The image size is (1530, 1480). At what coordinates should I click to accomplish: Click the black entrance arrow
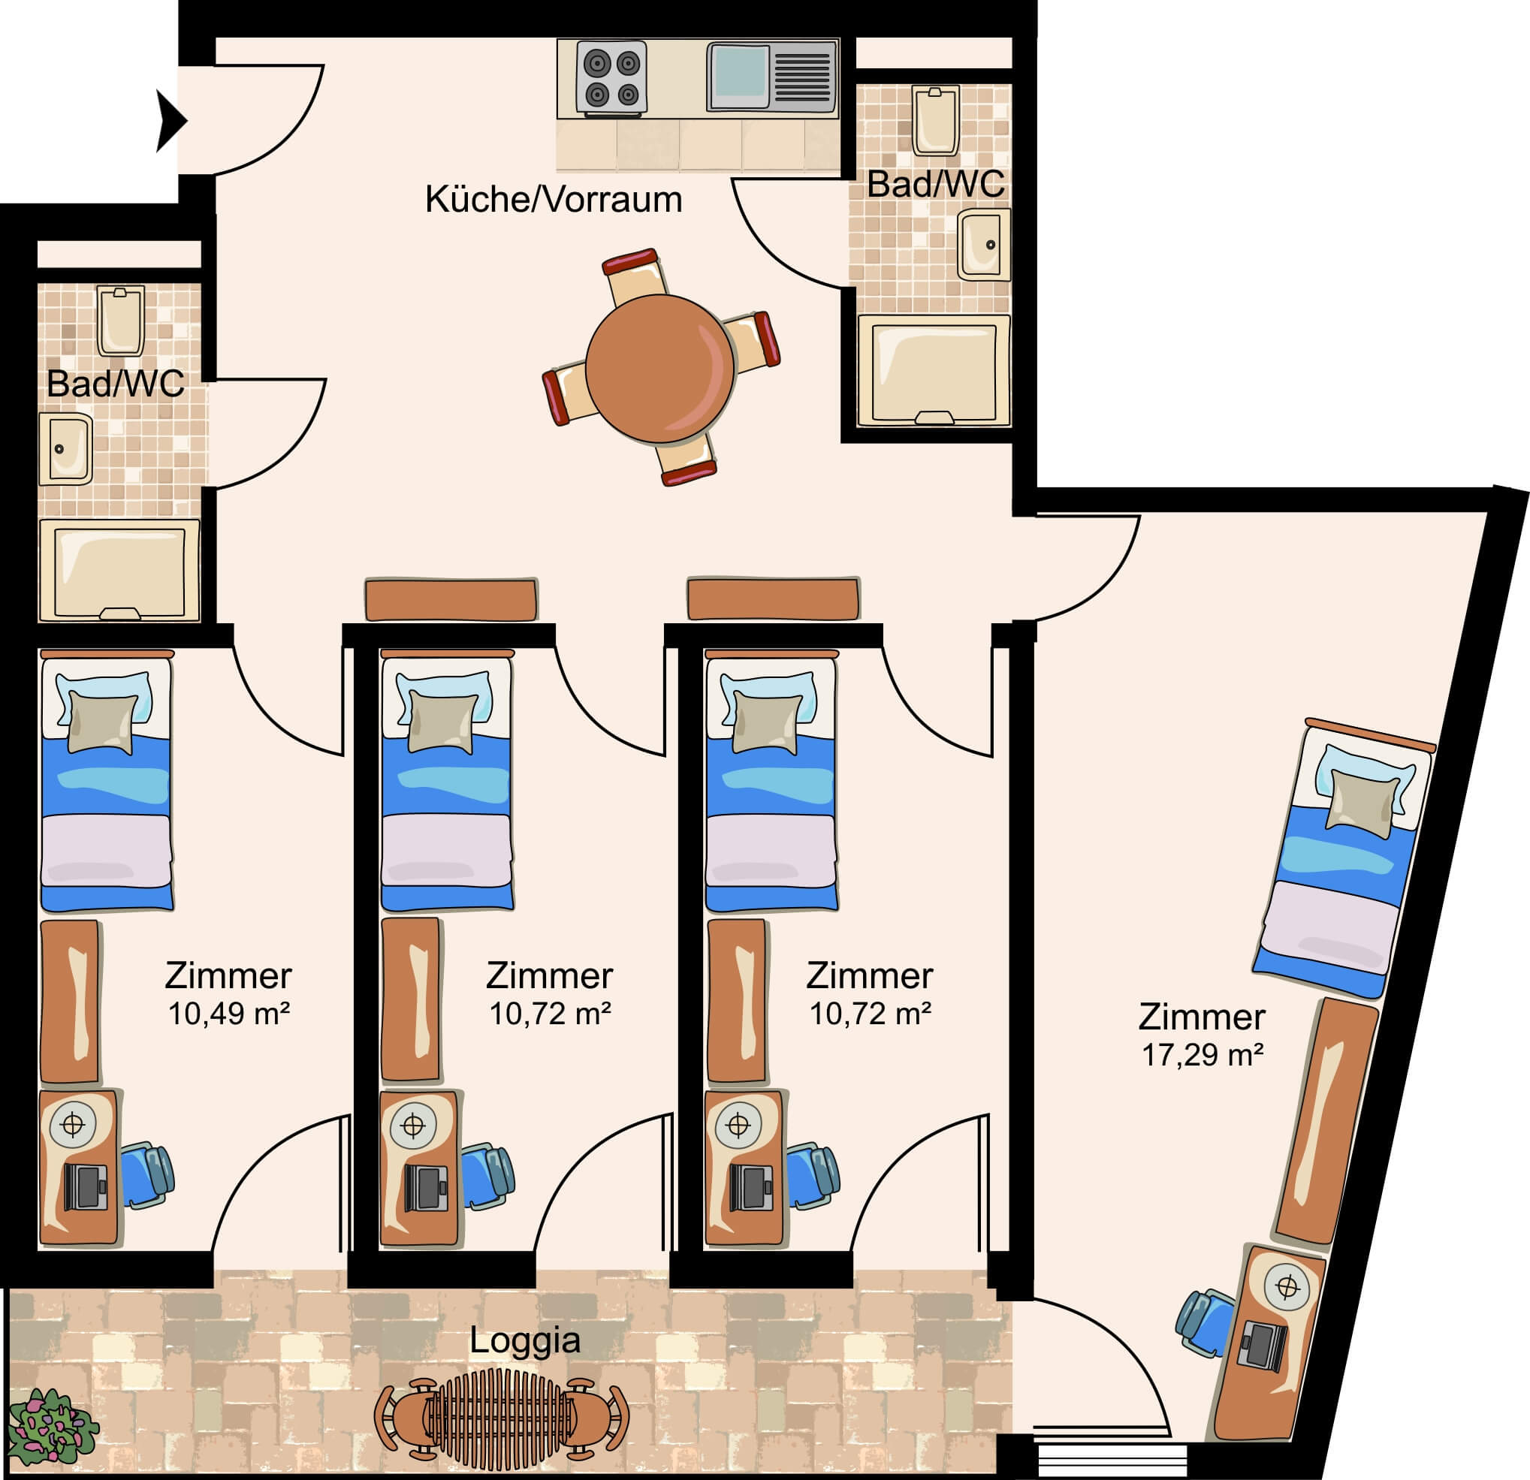click(171, 121)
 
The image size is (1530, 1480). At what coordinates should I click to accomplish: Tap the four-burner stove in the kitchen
click(612, 78)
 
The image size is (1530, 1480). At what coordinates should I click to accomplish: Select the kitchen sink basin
click(738, 76)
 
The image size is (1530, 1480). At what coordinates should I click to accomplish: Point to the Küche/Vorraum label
click(554, 200)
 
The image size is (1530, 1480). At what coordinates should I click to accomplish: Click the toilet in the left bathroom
click(120, 321)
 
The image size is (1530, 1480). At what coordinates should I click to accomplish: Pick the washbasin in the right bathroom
click(984, 244)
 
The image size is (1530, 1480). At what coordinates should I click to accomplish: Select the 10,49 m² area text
click(229, 1014)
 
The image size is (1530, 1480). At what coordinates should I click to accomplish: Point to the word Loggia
click(524, 1340)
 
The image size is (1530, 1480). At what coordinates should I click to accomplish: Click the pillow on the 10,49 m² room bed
click(104, 723)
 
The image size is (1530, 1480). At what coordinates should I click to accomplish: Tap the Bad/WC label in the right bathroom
click(935, 184)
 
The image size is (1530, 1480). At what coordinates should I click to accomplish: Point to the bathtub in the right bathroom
click(934, 371)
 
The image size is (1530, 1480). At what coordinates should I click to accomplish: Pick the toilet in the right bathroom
click(936, 121)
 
